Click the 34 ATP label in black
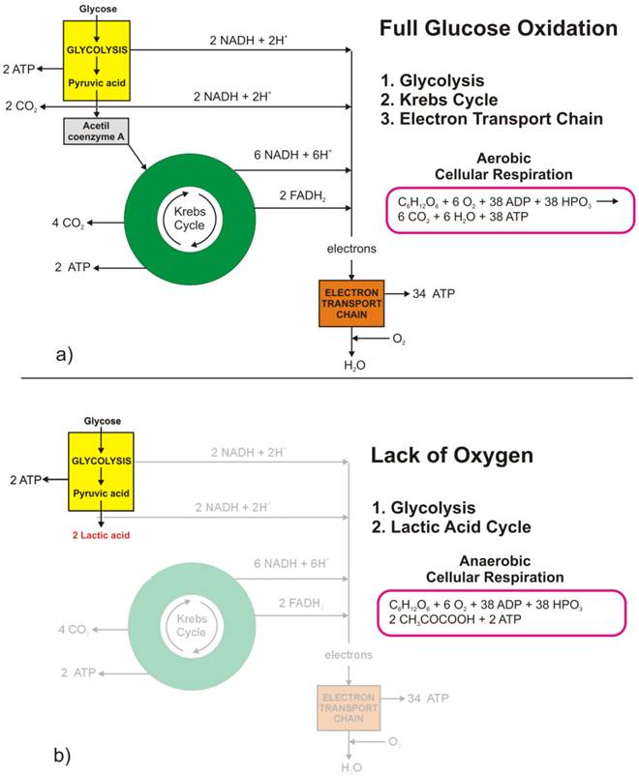[433, 292]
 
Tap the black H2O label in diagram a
[350, 368]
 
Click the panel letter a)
[63, 354]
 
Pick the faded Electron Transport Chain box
[350, 707]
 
